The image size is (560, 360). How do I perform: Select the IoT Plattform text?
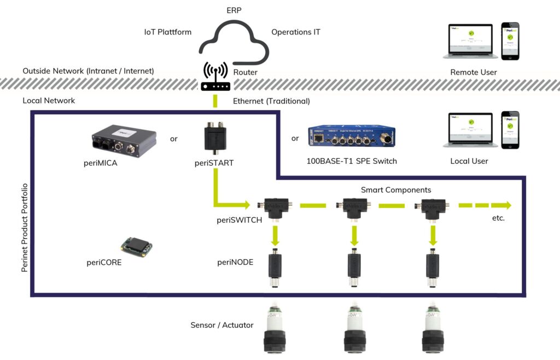pyautogui.click(x=167, y=32)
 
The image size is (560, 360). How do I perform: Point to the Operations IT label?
pyautogui.click(x=296, y=32)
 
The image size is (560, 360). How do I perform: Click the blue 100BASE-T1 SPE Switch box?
pyautogui.click(x=351, y=138)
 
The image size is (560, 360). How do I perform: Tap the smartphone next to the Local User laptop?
pyautogui.click(x=510, y=130)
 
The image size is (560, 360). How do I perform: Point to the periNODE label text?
pyautogui.click(x=235, y=262)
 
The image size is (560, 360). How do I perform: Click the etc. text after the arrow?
pyautogui.click(x=498, y=218)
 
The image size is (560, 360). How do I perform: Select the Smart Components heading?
pyautogui.click(x=396, y=190)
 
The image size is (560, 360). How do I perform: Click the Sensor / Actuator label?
pyautogui.click(x=222, y=325)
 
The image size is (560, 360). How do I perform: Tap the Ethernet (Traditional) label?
pyautogui.click(x=271, y=101)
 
